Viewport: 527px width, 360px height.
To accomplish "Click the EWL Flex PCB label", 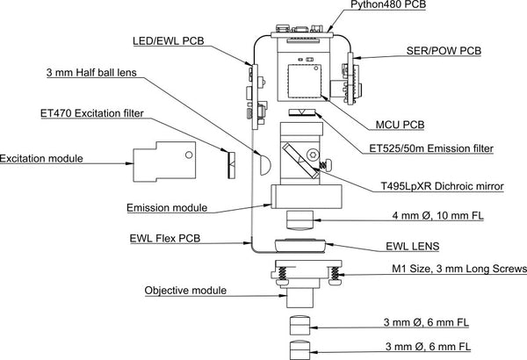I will pos(164,238).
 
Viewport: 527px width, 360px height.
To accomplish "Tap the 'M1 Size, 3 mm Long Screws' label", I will pos(458,269).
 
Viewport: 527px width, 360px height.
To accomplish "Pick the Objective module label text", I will pos(184,290).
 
